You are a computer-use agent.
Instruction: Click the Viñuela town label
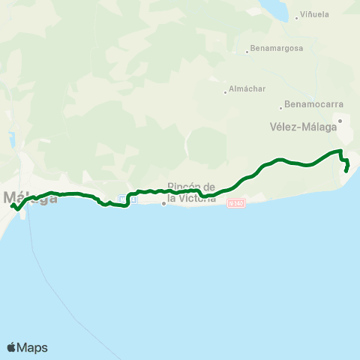coord(315,14)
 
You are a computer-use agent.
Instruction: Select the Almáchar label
coord(248,88)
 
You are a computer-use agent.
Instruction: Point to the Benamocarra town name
coord(305,107)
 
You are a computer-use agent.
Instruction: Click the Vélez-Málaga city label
coord(299,127)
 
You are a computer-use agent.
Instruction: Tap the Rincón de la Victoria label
coord(192,193)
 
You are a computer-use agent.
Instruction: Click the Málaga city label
coord(31,198)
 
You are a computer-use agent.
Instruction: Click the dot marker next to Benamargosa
coord(247,52)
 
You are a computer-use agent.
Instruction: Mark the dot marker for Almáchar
coord(226,92)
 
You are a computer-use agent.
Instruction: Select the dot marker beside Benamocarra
coord(280,106)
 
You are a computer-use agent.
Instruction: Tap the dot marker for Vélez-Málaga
coord(340,120)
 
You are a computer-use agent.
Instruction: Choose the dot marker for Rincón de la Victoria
coord(164,202)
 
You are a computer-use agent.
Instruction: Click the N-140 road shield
coord(237,202)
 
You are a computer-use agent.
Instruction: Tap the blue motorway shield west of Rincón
coord(123,199)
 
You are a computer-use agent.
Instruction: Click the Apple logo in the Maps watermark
coord(11,347)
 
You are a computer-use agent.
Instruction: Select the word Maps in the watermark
coord(33,347)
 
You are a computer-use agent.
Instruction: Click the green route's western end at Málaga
coord(11,205)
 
